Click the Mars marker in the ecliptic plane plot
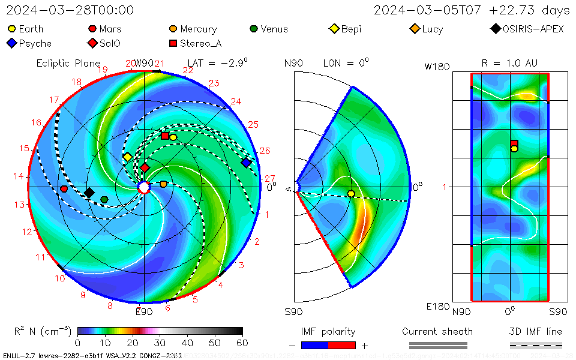point(64,189)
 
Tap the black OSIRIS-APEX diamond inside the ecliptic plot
point(89,193)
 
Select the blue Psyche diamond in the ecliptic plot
point(246,163)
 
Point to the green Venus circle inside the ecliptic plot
point(104,199)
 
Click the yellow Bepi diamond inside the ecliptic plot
point(127,157)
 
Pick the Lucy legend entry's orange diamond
point(415,29)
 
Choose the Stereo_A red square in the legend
point(173,43)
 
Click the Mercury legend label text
point(198,29)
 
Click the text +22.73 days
point(530,10)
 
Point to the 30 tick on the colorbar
point(160,343)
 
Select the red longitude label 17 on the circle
point(55,100)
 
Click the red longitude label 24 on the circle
point(236,101)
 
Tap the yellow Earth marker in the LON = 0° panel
point(351,193)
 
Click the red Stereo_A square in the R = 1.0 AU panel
point(514,143)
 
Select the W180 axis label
point(437,67)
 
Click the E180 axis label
point(437,307)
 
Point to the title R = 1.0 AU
point(509,63)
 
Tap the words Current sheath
point(437,331)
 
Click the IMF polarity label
point(328,331)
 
